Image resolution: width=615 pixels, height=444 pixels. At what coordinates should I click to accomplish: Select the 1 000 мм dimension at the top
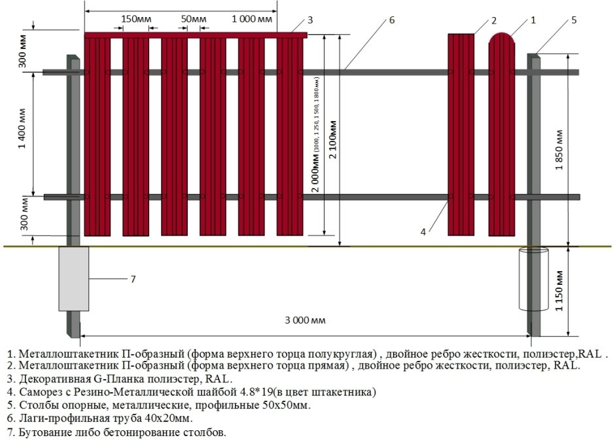click(x=251, y=19)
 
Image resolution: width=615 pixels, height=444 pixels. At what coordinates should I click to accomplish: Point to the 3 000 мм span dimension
click(x=305, y=320)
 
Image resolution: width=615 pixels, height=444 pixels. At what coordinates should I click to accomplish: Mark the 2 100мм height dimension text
click(x=334, y=144)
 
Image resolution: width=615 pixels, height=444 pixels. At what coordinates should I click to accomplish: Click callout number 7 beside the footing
click(x=133, y=279)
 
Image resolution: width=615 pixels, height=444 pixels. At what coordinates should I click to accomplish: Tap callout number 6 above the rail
click(x=392, y=20)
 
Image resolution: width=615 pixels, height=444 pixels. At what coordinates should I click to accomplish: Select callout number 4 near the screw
click(x=423, y=231)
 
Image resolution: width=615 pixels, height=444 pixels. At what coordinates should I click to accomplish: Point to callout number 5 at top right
click(x=574, y=20)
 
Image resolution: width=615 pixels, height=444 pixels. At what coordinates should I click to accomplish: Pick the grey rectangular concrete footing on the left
click(x=73, y=278)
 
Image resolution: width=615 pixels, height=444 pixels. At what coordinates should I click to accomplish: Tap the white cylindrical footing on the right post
click(x=533, y=279)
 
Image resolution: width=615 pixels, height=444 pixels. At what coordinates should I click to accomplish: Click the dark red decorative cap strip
click(x=196, y=34)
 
